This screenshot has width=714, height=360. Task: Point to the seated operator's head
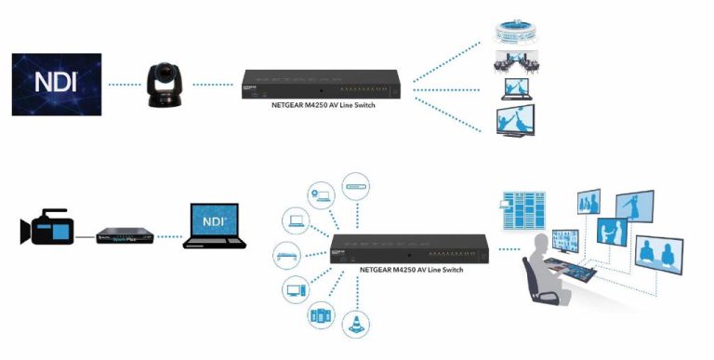pyautogui.click(x=541, y=245)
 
